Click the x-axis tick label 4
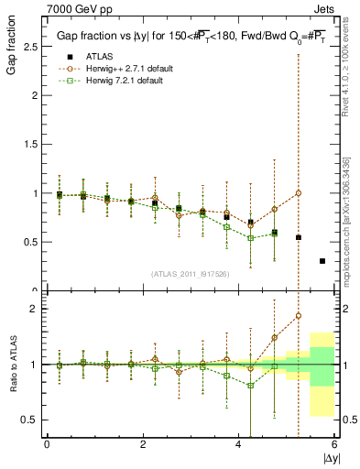[238, 445]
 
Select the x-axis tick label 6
[334, 445]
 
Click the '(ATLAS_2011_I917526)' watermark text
[190, 274]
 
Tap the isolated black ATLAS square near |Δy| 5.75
[322, 261]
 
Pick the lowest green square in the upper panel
[251, 238]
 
